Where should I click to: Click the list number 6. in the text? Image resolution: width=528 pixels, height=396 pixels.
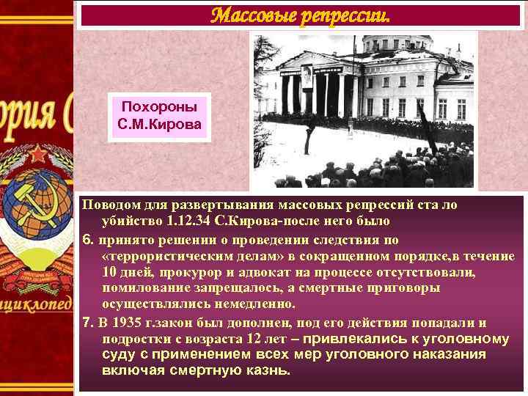pos(86,238)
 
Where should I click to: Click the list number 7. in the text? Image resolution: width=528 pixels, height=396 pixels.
pos(86,323)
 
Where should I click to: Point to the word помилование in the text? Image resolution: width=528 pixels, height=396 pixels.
pos(142,288)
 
